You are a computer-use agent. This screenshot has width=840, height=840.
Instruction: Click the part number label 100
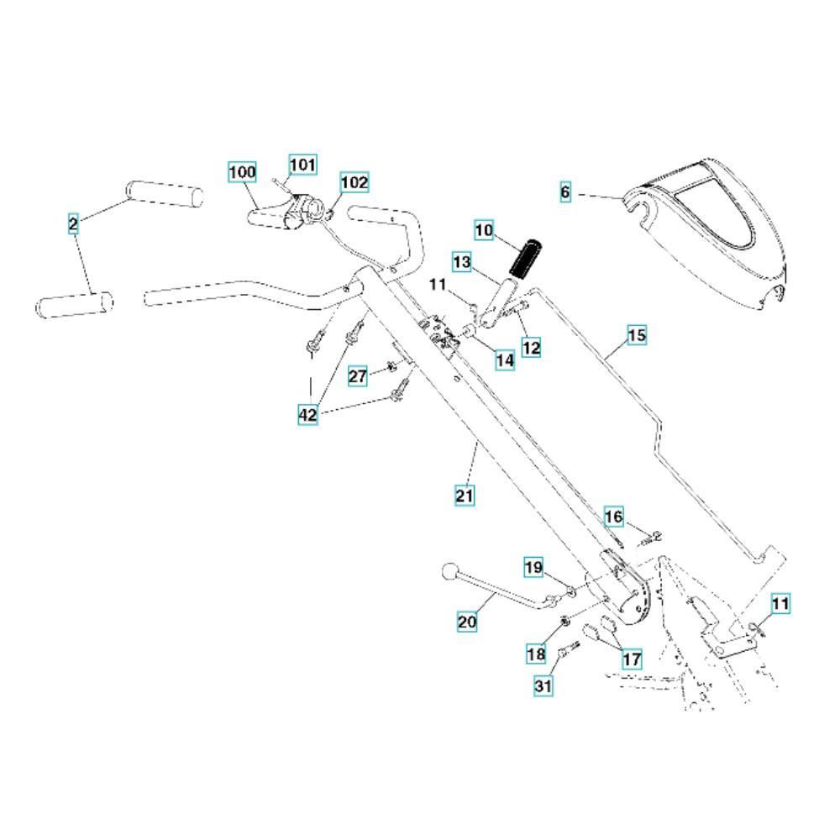[x=242, y=172]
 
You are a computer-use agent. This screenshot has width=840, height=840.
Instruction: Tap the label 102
[x=354, y=182]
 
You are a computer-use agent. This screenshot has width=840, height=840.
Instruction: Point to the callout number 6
[x=565, y=192]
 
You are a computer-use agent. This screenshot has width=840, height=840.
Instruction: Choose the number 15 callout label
[x=637, y=336]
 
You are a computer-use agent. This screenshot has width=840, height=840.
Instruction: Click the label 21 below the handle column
[x=465, y=496]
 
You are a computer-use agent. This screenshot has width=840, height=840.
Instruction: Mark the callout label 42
[x=307, y=413]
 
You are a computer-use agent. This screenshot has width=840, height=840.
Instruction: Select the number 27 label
[x=358, y=375]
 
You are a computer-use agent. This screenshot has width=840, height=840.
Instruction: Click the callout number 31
[x=543, y=686]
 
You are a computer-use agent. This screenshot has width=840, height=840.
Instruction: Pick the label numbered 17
[x=631, y=659]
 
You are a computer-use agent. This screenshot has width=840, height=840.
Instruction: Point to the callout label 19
[x=533, y=567]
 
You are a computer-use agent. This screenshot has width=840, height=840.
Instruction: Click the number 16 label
[x=614, y=516]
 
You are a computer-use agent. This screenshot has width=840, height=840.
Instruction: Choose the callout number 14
[x=504, y=360]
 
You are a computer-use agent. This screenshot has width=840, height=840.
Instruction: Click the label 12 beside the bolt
[x=531, y=346]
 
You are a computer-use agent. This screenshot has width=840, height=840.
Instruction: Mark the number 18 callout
[x=536, y=653]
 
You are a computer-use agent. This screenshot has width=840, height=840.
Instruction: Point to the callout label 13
[x=463, y=262]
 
